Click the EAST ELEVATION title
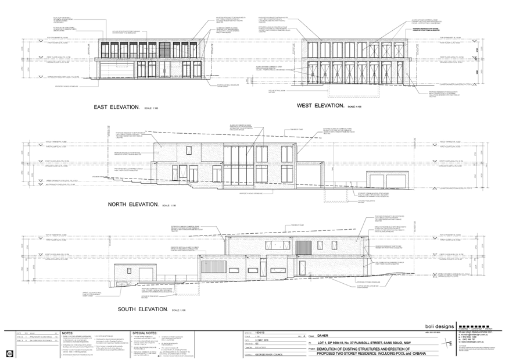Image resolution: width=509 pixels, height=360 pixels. pos(116,107)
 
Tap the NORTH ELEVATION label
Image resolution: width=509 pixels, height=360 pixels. pos(132,204)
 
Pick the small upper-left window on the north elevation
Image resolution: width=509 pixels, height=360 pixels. pos(189,151)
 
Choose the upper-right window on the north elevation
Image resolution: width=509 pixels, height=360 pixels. pos(287,154)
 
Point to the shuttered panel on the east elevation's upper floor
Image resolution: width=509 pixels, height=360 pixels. pos(165,49)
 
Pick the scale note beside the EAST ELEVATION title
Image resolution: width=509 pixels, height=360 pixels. pos(151,108)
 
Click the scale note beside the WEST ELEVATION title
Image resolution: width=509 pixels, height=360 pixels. pos(353,107)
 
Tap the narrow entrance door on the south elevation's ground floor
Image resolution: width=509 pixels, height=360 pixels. pos(263,268)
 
